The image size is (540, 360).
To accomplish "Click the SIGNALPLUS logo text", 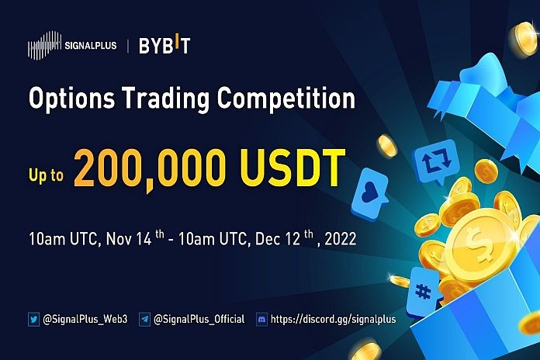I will [x=92, y=45].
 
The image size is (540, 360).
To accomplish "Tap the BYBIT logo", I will [x=164, y=45].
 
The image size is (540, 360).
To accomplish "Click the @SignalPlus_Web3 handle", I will [x=87, y=319].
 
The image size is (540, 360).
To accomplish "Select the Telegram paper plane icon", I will [x=144, y=319].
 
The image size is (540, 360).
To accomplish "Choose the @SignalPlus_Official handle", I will [x=199, y=319].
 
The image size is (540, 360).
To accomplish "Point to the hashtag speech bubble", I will [x=424, y=290].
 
